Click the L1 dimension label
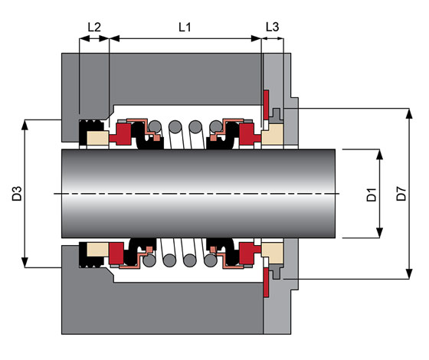click(x=185, y=27)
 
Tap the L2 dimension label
click(x=94, y=27)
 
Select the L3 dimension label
click(x=272, y=27)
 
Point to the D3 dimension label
click(x=17, y=193)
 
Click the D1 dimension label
click(x=372, y=195)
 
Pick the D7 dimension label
click(x=401, y=193)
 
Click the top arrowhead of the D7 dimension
click(x=409, y=113)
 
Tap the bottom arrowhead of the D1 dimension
click(x=379, y=233)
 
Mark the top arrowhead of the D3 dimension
click(x=25, y=125)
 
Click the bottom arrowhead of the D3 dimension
click(x=25, y=262)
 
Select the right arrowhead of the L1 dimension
click(x=256, y=38)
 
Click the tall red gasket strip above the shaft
click(x=266, y=105)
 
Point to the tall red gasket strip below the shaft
click(x=266, y=283)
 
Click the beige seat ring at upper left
click(x=98, y=138)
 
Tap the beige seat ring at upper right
click(x=272, y=134)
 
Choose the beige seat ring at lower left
click(x=98, y=250)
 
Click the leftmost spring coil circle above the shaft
click(x=155, y=126)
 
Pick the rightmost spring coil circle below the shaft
click(x=211, y=260)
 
